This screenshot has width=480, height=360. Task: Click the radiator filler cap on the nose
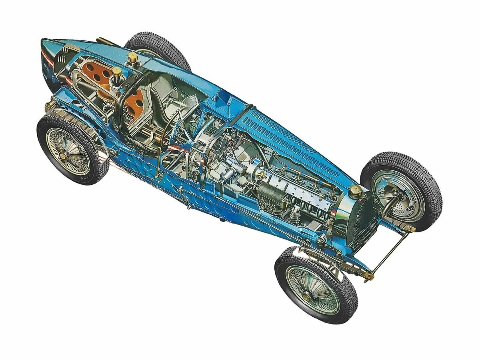pos(354,189)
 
